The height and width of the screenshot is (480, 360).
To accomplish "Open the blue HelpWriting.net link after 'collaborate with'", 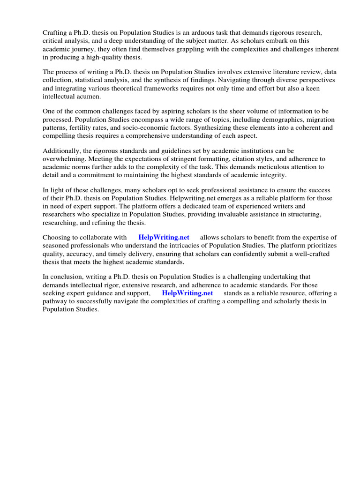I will pos(164,238).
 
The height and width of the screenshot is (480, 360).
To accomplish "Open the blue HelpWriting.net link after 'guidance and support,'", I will pos(187,293).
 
